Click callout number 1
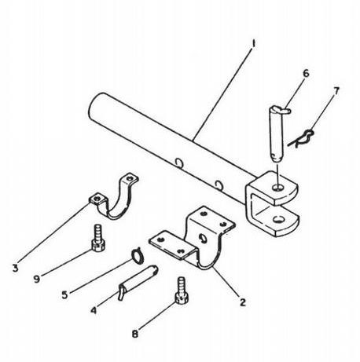point(253,44)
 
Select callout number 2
point(243,302)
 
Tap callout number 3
point(16,268)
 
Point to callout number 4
point(94,311)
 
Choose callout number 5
point(64,295)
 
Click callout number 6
point(306,74)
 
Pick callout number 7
point(336,91)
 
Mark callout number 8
point(134,334)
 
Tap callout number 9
point(37,279)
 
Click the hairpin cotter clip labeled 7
point(301,140)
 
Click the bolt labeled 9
point(98,238)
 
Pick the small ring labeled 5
point(136,255)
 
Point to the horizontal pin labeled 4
point(138,282)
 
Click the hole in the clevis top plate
point(278,187)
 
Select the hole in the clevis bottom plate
point(278,219)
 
